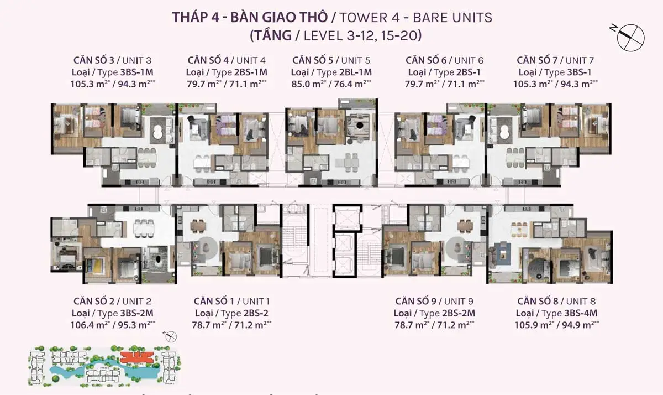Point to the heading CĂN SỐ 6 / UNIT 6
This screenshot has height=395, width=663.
click(444, 60)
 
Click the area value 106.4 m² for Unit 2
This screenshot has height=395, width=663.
click(91, 325)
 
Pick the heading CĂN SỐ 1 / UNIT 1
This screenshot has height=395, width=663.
click(231, 301)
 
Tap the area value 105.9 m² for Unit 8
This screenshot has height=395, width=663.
click(534, 325)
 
